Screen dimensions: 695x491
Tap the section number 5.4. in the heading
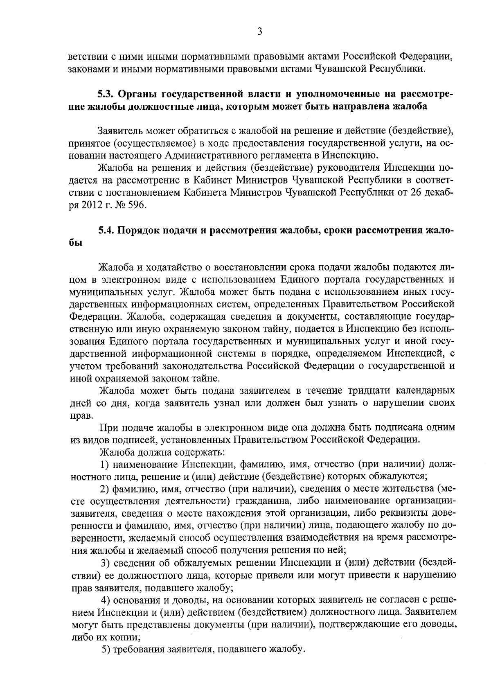pyautogui.click(x=106, y=230)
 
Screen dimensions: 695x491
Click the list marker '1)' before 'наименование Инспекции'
pyautogui.click(x=105, y=465)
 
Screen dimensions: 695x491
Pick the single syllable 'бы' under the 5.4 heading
pyautogui.click(x=76, y=243)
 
